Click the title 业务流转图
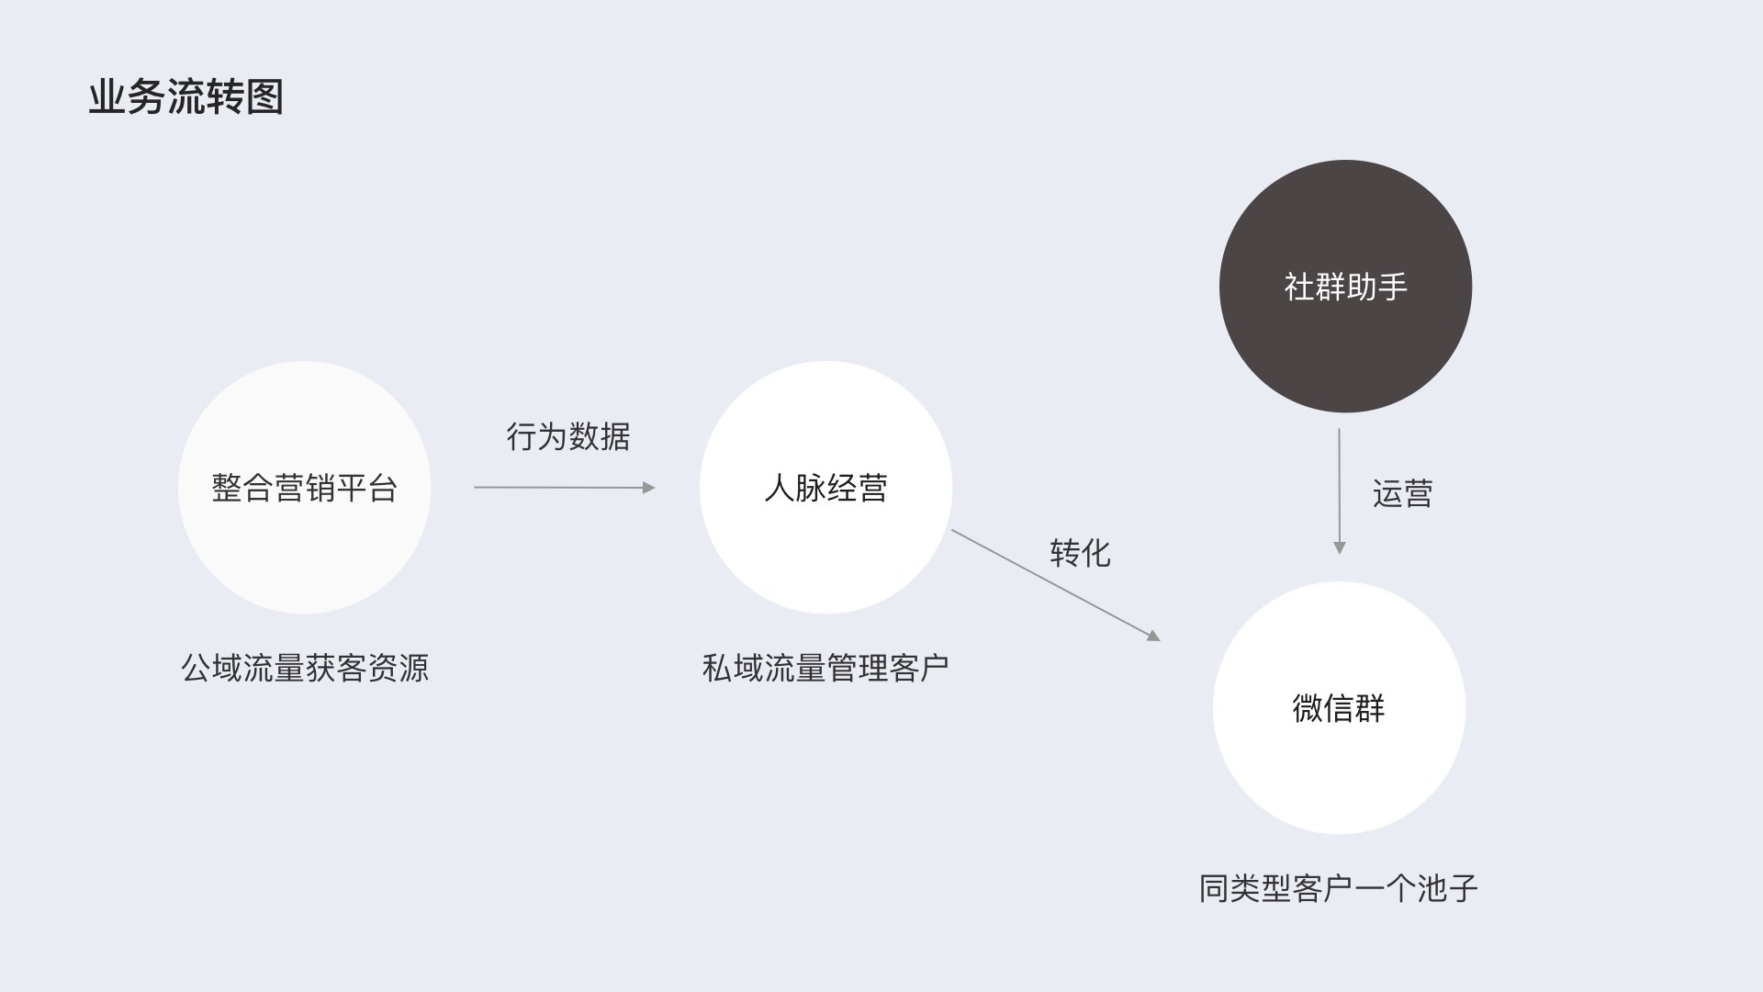pos(185,97)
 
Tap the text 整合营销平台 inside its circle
pos(304,488)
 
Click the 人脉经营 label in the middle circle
pos(825,488)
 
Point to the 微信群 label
pos(1338,708)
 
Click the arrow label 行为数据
pos(567,436)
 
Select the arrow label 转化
pos(1080,553)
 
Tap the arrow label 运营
pos(1402,493)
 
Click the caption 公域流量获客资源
pos(305,668)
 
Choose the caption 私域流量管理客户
pos(825,668)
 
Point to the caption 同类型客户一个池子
pos(1338,888)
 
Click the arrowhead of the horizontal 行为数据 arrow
pos(649,488)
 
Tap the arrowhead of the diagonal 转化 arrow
pos(1153,635)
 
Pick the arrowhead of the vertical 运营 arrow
pos(1339,547)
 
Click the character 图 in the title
pos(265,97)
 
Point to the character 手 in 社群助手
pos(1392,287)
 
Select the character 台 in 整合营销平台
pos(382,488)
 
